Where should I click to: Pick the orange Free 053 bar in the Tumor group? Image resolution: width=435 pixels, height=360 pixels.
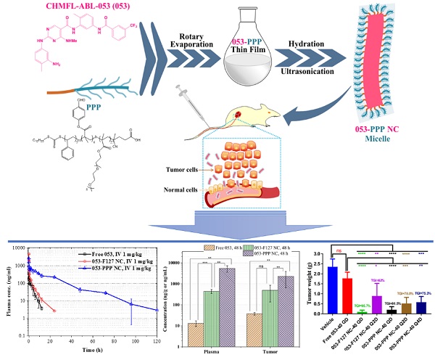tap(254, 327)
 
